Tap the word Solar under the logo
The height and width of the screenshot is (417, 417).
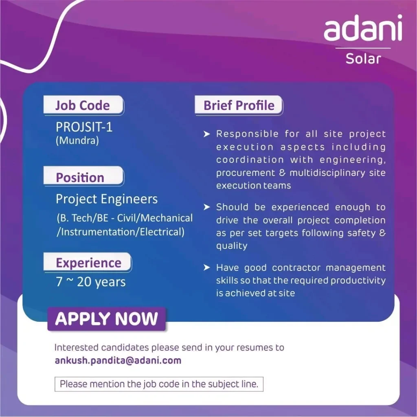(363, 59)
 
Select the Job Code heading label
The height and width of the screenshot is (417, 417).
(83, 105)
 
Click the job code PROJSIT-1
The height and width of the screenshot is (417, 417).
(84, 127)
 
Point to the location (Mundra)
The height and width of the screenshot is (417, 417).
(77, 140)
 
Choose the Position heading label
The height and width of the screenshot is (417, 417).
(80, 178)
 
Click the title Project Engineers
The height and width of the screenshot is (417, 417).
(107, 199)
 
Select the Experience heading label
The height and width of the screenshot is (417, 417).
(88, 263)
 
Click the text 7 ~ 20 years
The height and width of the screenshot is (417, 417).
(91, 282)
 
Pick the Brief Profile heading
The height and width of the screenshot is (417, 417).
(239, 105)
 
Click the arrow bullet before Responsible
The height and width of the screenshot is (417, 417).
(206, 134)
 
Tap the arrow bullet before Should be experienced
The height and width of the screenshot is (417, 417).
(206, 207)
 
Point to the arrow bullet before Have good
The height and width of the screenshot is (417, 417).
(206, 267)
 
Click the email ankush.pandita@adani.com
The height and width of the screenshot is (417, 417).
(118, 360)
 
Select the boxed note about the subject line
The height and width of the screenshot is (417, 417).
(159, 384)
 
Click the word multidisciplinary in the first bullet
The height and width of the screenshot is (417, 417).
(327, 173)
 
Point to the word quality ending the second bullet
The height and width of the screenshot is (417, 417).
(232, 246)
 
